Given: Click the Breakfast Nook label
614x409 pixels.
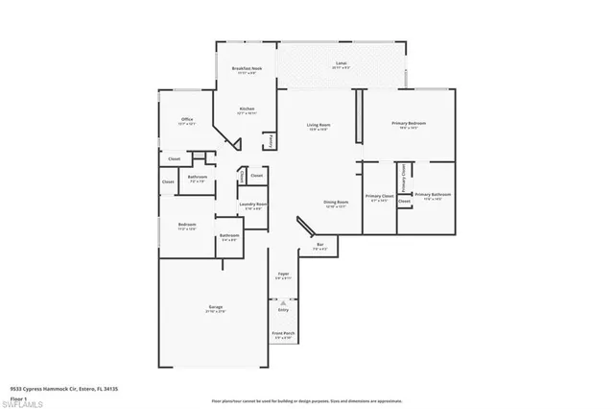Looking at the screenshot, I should pyautogui.click(x=247, y=68).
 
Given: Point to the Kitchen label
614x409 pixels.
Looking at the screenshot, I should pyautogui.click(x=247, y=110).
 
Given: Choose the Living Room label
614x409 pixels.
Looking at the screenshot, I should pyautogui.click(x=319, y=126).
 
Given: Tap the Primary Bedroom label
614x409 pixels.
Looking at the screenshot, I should pyautogui.click(x=409, y=124).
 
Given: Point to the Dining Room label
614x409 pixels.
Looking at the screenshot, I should pyautogui.click(x=336, y=204).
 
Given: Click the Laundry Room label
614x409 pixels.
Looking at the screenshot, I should pyautogui.click(x=254, y=205).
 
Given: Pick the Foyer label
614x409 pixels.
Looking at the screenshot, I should pyautogui.click(x=283, y=276).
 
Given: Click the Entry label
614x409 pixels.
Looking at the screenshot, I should pyautogui.click(x=283, y=310).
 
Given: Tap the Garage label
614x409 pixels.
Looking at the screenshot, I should pyautogui.click(x=215, y=308).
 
